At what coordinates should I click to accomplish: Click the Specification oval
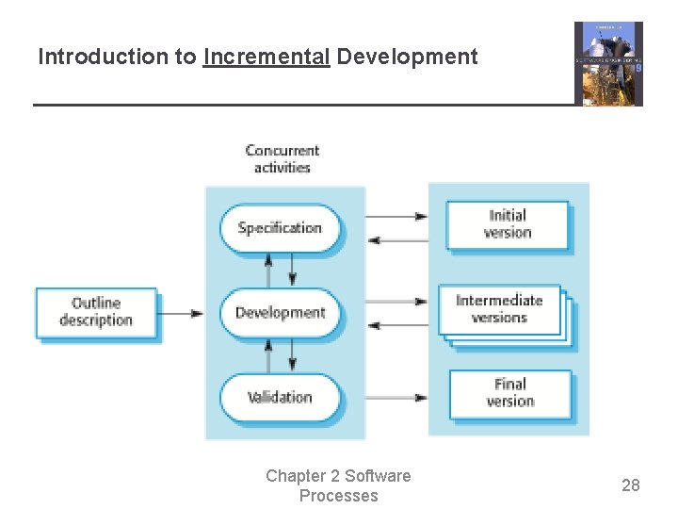point(280,228)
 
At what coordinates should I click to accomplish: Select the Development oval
point(280,313)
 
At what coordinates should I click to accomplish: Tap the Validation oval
point(280,398)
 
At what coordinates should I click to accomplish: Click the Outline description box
point(96,312)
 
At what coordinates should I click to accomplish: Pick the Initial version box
point(508,224)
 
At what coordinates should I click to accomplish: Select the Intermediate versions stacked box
point(500,309)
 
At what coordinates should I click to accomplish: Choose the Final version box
point(510,393)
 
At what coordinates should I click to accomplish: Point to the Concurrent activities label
point(282,158)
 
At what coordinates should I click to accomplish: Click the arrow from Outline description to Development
point(181,313)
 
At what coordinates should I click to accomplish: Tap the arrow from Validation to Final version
point(396,398)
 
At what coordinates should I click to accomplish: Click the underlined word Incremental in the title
point(266,57)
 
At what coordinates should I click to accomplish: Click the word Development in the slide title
point(407,57)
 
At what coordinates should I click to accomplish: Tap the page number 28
point(630,485)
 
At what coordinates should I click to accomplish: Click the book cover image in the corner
point(608,64)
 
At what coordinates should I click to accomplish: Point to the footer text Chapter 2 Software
point(338,476)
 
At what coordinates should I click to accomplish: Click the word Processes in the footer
point(338,496)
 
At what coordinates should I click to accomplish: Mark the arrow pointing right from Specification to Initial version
point(396,217)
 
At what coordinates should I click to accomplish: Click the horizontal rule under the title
point(301,105)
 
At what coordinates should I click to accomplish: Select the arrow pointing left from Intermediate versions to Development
point(396,324)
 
